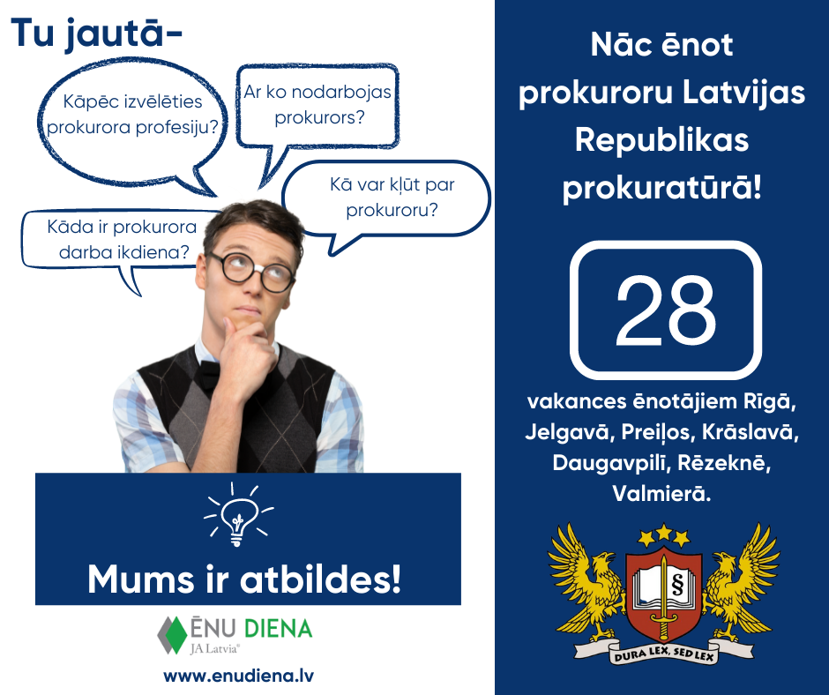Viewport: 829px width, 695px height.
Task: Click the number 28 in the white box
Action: point(665,310)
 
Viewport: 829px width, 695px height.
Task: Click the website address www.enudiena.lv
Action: point(239,676)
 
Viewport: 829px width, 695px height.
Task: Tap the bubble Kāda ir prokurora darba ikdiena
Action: point(123,239)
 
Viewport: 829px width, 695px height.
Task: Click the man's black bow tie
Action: point(208,374)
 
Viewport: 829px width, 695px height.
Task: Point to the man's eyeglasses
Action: point(252,269)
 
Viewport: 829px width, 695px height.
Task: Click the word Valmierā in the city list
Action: point(661,494)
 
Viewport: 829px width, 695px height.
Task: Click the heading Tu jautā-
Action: point(97,34)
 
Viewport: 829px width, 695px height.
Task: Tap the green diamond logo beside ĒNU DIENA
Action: point(171,635)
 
